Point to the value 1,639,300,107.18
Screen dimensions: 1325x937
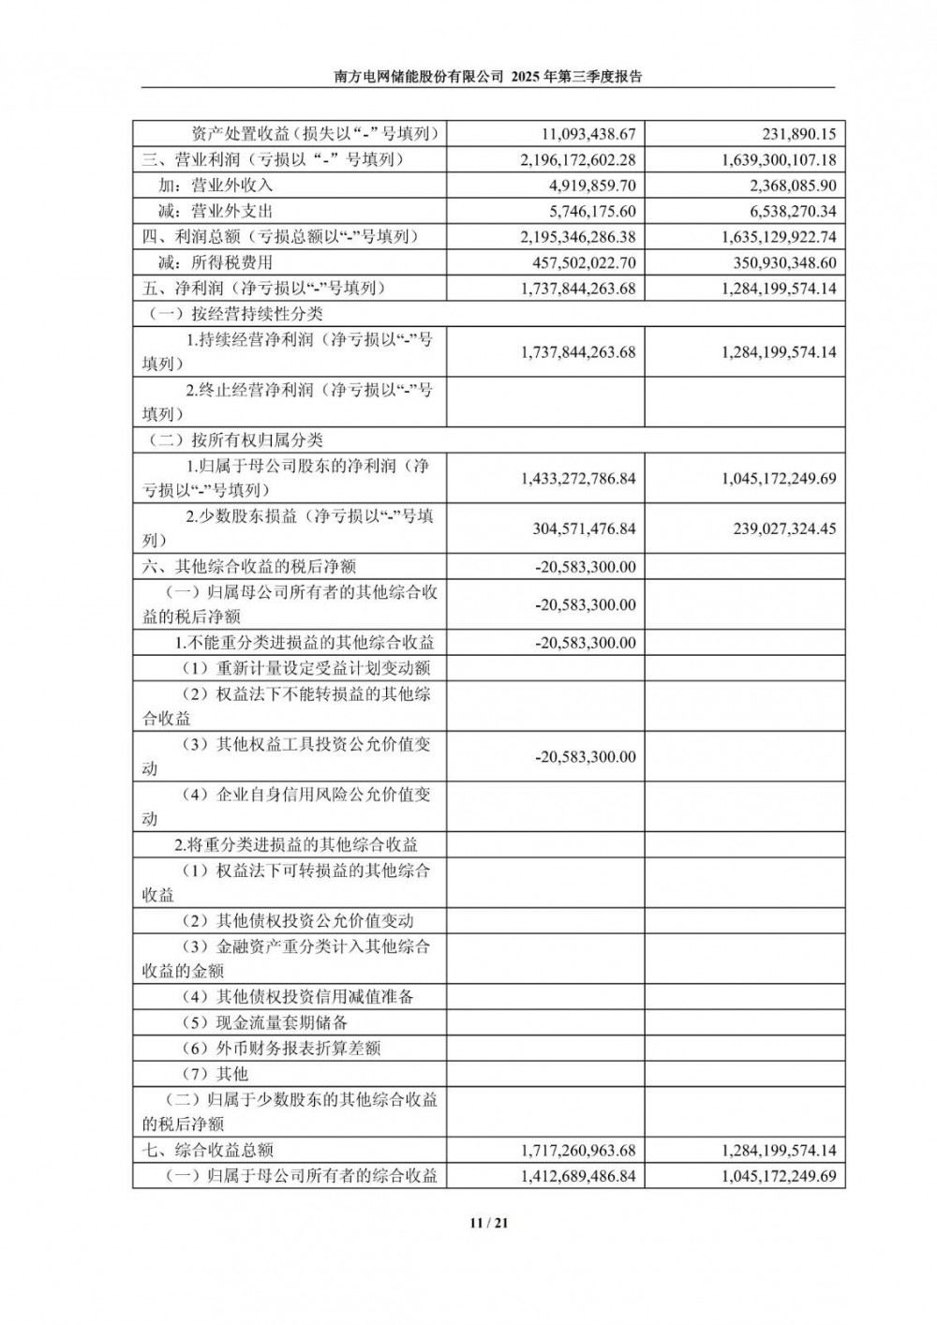pyautogui.click(x=779, y=160)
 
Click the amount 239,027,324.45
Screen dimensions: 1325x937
pyautogui.click(x=785, y=529)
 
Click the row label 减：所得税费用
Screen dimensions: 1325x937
pyautogui.click(x=216, y=263)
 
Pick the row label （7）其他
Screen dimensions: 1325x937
pyautogui.click(x=215, y=1074)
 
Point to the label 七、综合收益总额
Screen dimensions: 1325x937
pyautogui.click(x=208, y=1151)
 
